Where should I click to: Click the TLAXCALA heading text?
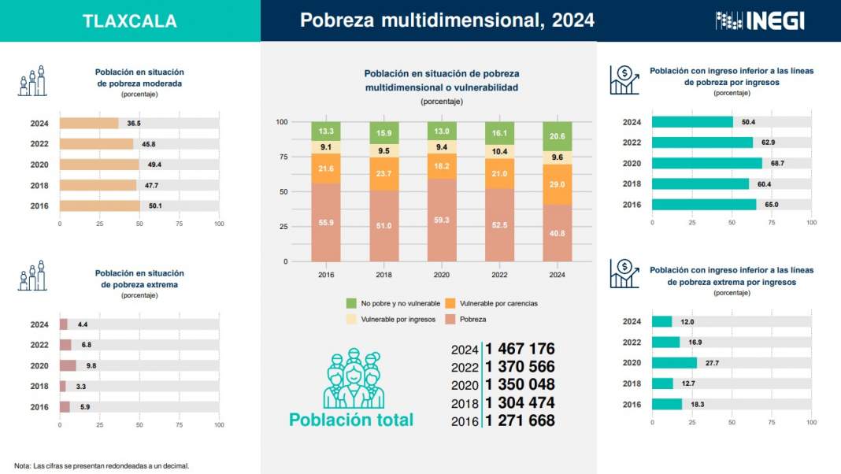click(130, 21)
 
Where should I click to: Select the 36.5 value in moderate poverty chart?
click(134, 124)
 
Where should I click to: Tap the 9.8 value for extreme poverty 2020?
click(91, 366)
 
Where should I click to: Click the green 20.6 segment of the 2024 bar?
click(558, 136)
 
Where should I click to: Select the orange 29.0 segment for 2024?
click(558, 184)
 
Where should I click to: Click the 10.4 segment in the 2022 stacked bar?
click(500, 151)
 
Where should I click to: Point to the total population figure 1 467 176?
click(520, 349)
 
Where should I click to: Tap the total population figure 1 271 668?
click(520, 421)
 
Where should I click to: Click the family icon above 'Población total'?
click(351, 379)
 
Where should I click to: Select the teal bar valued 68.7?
click(707, 163)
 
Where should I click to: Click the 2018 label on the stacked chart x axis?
click(384, 275)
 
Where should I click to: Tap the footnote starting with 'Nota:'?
click(102, 465)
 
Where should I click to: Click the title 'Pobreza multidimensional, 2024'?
click(447, 20)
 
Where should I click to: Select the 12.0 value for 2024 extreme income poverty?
click(687, 322)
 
